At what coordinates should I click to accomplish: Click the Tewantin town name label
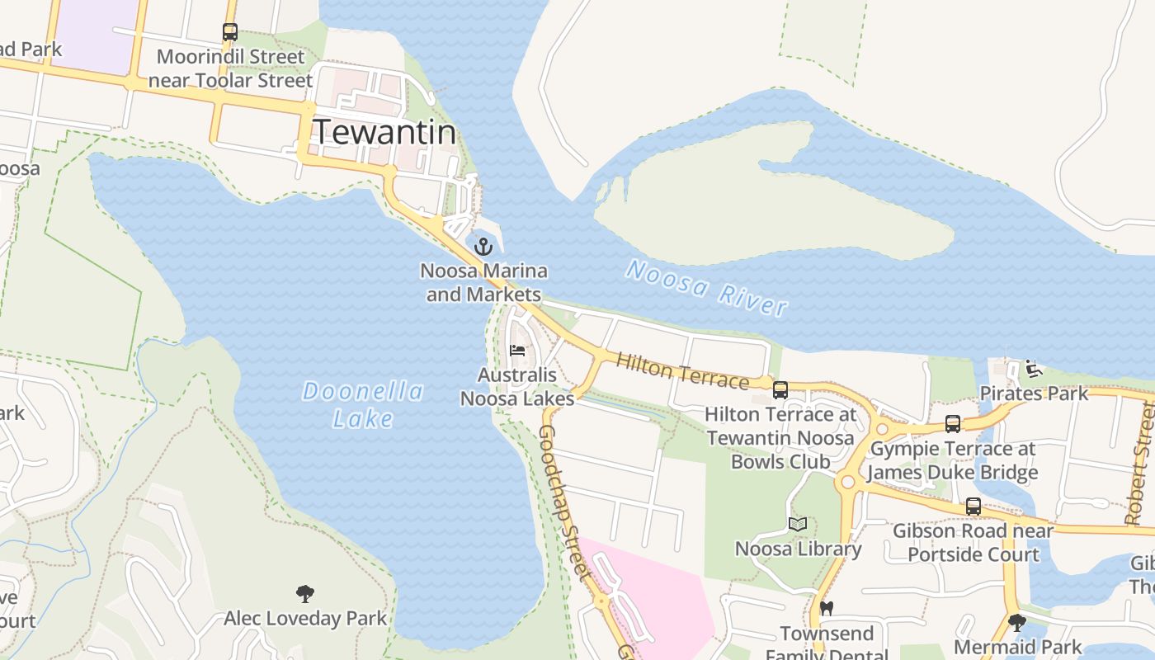384,132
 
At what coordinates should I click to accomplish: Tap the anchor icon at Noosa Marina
483,246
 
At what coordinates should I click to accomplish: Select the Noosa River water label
706,287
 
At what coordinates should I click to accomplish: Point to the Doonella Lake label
363,404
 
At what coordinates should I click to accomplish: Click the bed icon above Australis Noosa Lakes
518,350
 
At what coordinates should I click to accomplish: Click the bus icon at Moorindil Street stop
230,32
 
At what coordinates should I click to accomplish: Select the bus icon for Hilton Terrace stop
780,390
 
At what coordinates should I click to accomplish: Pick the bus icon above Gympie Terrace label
953,424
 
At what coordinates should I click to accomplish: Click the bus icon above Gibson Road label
973,507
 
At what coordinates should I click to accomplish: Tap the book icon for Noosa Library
797,525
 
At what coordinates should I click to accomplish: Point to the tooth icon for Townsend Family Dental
827,609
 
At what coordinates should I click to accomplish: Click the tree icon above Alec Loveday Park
305,593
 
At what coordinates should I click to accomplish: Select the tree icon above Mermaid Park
1017,622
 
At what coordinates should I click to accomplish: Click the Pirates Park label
1035,394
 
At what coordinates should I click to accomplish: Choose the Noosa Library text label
798,549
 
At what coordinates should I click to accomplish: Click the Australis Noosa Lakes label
517,387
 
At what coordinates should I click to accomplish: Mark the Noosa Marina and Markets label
483,282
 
